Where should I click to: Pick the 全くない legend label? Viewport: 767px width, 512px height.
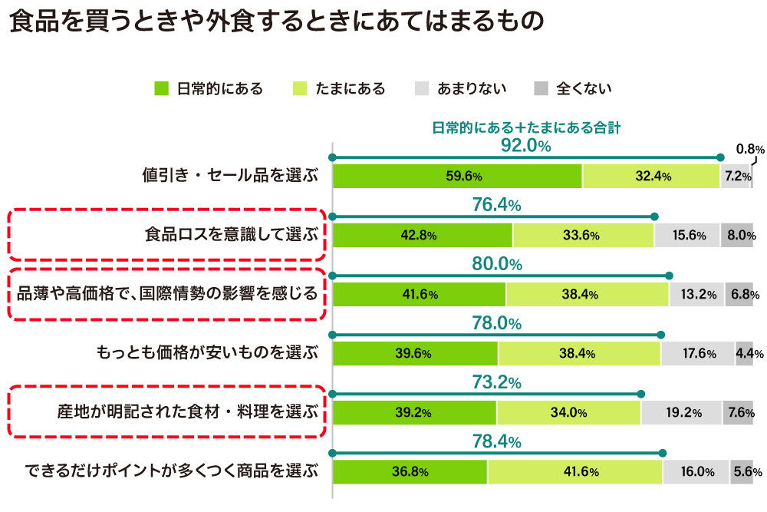584,88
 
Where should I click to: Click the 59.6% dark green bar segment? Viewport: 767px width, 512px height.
457,176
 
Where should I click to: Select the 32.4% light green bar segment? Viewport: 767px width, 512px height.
651,176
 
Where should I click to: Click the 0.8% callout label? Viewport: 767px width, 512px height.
750,149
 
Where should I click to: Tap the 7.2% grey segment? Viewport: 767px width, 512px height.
735,176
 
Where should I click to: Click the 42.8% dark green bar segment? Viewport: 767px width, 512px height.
423,235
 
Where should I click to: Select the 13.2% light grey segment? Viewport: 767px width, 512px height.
696,294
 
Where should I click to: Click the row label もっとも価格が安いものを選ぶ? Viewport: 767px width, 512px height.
207,353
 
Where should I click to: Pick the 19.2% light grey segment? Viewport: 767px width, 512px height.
681,412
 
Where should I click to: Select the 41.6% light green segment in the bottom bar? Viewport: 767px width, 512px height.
574,471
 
